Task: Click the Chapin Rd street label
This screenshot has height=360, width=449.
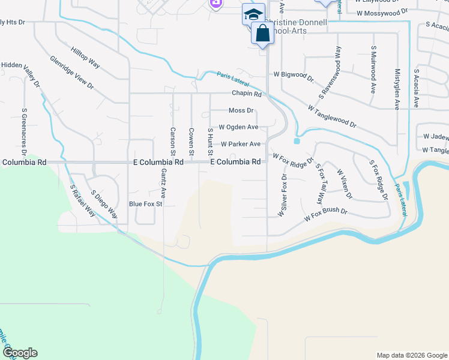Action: point(247,94)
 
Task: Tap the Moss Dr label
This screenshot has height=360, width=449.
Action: point(241,110)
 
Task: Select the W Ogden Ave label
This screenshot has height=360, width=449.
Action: point(238,127)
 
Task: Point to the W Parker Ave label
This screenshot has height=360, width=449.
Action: point(241,144)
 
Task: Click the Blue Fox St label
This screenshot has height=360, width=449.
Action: point(146,204)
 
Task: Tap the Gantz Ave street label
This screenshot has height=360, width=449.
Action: point(163,184)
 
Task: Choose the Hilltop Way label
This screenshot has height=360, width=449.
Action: point(85,56)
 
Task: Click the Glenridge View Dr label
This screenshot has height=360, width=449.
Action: point(72,73)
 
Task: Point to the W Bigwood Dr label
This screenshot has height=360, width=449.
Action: point(294,77)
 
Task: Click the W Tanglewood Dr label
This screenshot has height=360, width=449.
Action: point(331,117)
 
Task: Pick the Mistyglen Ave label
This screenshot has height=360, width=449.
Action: point(397,88)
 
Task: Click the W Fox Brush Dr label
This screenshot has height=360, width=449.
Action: point(326,214)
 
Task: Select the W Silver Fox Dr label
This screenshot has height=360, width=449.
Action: point(282,196)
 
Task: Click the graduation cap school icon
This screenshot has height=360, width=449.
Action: point(253,14)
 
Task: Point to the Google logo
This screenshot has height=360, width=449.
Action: point(19,353)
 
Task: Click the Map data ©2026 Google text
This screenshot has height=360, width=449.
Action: point(411,355)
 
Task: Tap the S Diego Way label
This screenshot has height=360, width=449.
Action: point(104,204)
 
